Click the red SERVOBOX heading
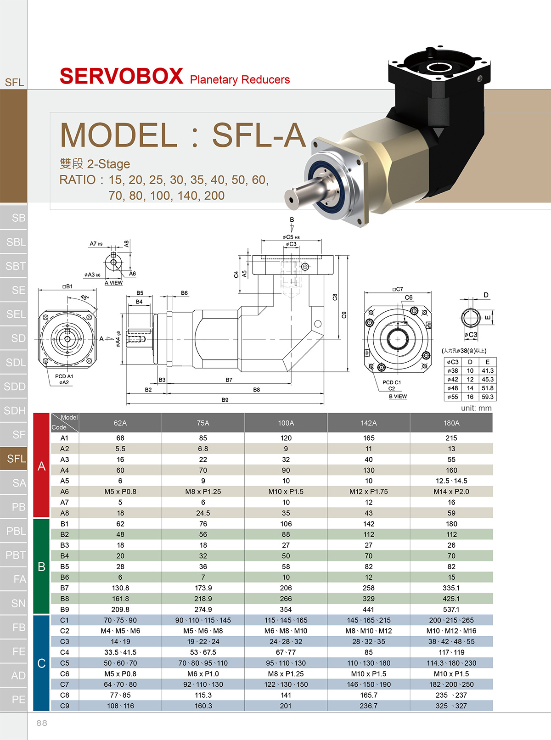click(x=122, y=76)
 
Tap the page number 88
click(x=42, y=723)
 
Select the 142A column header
click(x=368, y=423)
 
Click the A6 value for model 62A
click(x=120, y=492)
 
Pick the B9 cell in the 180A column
click(x=451, y=609)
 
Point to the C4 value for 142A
click(x=368, y=652)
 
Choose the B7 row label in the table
click(x=64, y=588)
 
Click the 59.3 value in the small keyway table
click(x=487, y=397)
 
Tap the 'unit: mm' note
click(x=476, y=408)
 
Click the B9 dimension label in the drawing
click(x=225, y=400)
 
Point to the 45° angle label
click(x=85, y=297)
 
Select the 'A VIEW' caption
click(x=113, y=283)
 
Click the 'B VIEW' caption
click(x=398, y=396)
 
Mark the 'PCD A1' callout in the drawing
click(x=64, y=376)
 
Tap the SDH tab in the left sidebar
click(x=15, y=410)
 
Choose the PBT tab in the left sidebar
click(x=16, y=555)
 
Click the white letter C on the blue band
click(x=41, y=663)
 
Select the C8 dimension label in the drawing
click(x=335, y=297)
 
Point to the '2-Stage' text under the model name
click(x=108, y=164)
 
